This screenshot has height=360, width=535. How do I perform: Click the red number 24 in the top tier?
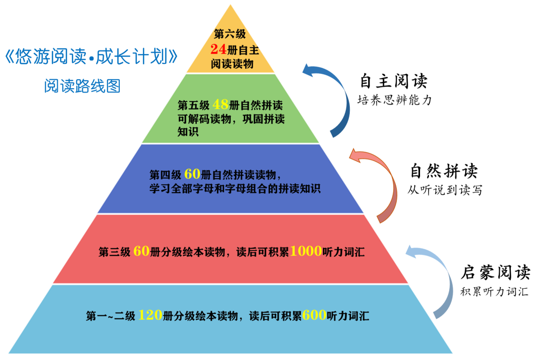tap(218, 49)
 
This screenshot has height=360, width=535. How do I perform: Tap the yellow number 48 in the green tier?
tap(220, 105)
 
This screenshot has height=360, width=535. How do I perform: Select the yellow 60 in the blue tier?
tap(192, 174)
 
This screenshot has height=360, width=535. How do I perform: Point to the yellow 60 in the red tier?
tap(141, 252)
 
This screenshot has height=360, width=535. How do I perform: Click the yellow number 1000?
tap(306, 252)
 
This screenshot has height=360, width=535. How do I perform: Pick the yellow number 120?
tap(150, 315)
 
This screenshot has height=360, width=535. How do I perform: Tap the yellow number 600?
tap(314, 315)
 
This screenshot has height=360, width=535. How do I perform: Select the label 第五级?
tap(194, 105)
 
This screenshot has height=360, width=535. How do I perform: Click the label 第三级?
tap(114, 252)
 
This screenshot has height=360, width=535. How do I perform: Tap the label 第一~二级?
tap(110, 316)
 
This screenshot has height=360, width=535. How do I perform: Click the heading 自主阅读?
tap(394, 80)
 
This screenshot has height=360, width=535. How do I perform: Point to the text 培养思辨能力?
tap(395, 100)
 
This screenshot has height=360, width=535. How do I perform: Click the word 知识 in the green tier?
tap(188, 132)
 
